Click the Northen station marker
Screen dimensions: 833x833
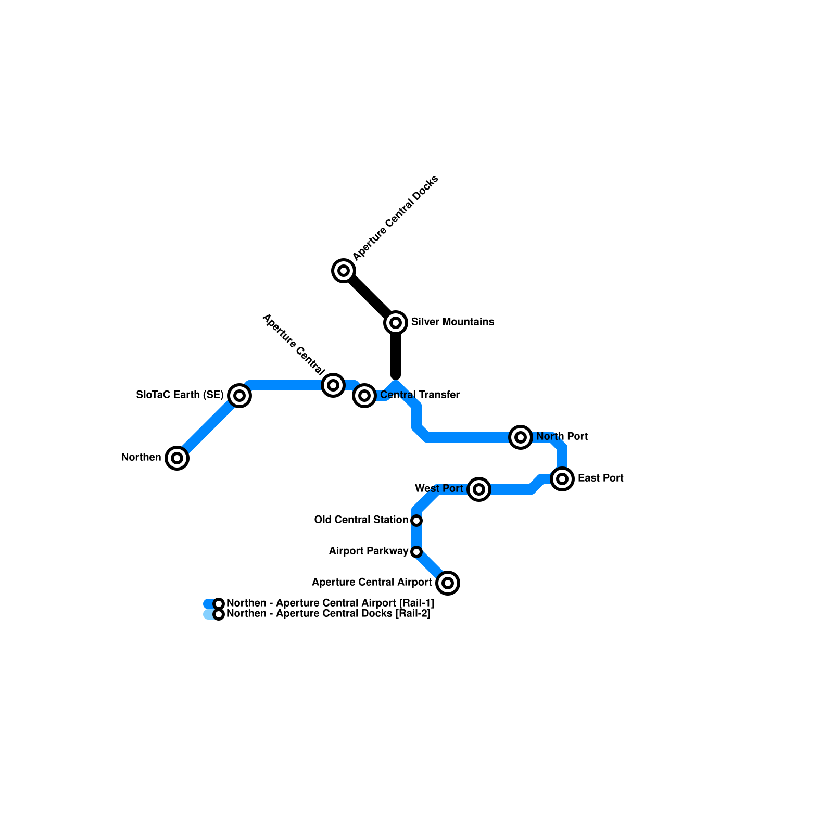click(x=177, y=458)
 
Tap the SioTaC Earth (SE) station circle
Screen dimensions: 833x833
click(x=239, y=396)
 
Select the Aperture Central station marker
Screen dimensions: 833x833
click(x=333, y=385)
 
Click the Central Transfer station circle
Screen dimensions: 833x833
click(x=364, y=396)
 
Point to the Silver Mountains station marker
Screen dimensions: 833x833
click(x=396, y=323)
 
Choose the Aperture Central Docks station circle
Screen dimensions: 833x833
click(x=344, y=271)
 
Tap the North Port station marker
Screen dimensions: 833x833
click(x=521, y=437)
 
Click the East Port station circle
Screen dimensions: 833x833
click(x=562, y=479)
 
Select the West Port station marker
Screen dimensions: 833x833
click(x=479, y=489)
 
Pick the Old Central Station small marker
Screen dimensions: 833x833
click(x=416, y=521)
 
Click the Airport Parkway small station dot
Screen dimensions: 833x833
click(x=416, y=552)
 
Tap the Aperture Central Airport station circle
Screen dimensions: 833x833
click(x=448, y=583)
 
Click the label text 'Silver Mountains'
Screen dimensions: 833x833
click(x=452, y=322)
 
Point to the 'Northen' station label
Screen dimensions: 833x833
click(x=141, y=458)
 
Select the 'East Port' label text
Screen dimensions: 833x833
click(x=600, y=478)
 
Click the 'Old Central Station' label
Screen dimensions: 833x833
click(x=361, y=520)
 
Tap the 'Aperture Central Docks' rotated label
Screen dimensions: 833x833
click(x=396, y=218)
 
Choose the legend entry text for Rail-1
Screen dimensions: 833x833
click(x=330, y=603)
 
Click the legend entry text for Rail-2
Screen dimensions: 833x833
click(x=329, y=614)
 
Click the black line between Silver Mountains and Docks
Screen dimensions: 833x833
click(x=370, y=297)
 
